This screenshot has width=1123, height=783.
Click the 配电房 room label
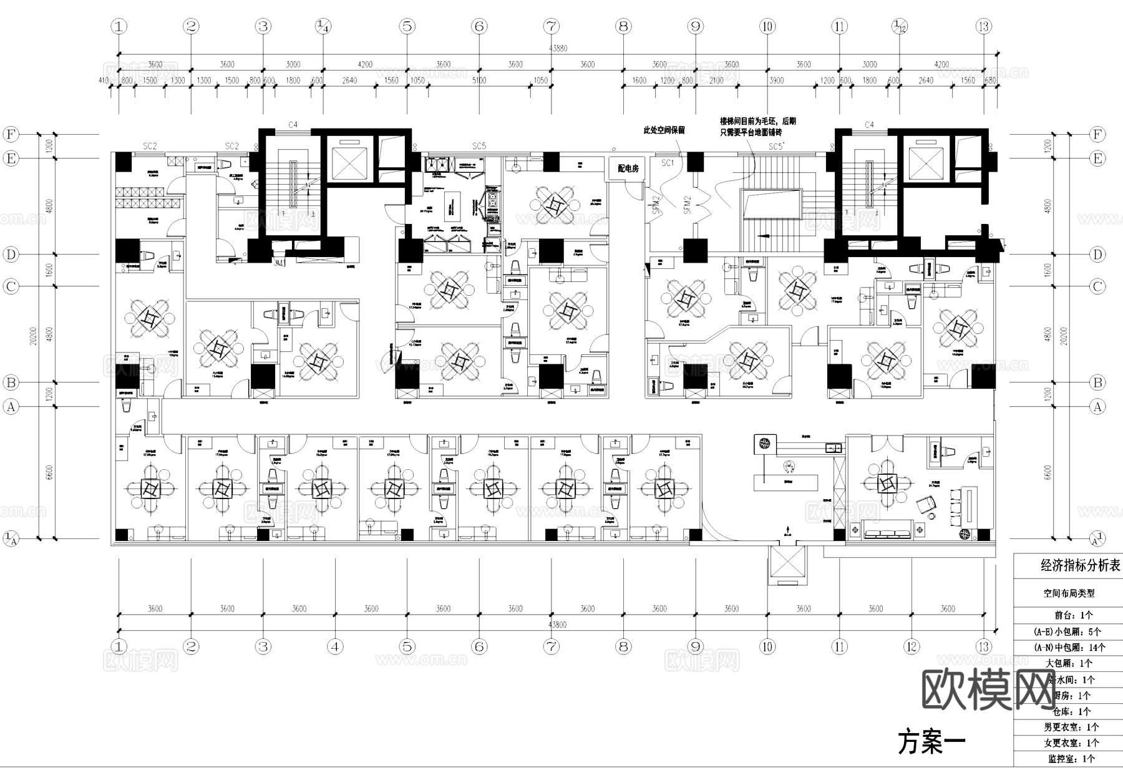click(x=628, y=168)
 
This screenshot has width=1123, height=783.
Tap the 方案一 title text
click(x=931, y=742)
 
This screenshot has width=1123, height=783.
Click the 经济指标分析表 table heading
click(x=1080, y=566)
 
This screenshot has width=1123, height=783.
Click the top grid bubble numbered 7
click(x=551, y=26)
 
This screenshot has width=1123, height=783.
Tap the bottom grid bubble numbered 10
click(x=767, y=646)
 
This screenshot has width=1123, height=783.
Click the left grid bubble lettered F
click(x=11, y=134)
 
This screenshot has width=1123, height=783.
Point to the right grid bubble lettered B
click(x=1097, y=382)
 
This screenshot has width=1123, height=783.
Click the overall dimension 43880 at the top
click(x=557, y=48)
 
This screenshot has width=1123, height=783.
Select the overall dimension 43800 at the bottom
click(x=557, y=625)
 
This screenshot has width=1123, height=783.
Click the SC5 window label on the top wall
click(x=479, y=146)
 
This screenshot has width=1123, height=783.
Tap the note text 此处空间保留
click(x=664, y=130)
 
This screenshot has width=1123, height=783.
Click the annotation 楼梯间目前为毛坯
click(x=757, y=122)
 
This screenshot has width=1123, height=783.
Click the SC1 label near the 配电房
click(x=668, y=163)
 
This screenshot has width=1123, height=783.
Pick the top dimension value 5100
click(x=479, y=80)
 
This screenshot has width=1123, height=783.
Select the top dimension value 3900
click(x=776, y=80)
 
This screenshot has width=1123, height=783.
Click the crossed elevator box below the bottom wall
click(x=787, y=564)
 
